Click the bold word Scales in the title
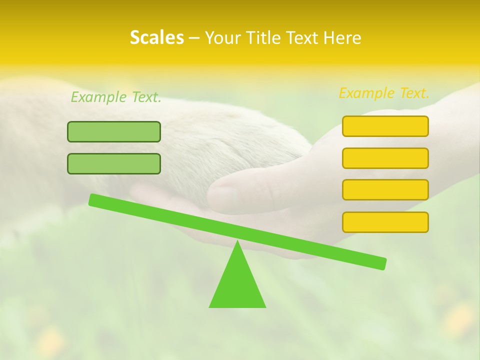click(x=156, y=38)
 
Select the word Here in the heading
click(x=342, y=38)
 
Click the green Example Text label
click(x=116, y=97)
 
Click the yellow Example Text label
click(x=384, y=93)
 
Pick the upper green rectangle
click(x=114, y=132)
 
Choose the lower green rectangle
click(x=114, y=164)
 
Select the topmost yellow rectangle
click(x=385, y=126)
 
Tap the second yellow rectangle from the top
click(x=385, y=158)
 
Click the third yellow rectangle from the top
click(x=385, y=190)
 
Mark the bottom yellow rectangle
click(x=385, y=222)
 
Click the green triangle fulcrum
click(x=237, y=285)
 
